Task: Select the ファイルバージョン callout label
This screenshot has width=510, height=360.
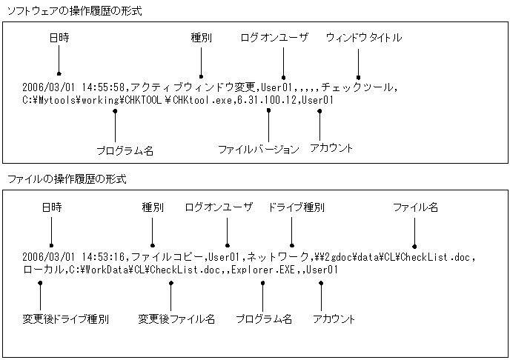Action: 258,149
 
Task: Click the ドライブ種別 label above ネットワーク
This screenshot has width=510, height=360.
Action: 295,207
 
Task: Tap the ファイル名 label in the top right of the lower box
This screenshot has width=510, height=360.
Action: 415,207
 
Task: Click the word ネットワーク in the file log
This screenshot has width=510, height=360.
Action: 276,257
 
